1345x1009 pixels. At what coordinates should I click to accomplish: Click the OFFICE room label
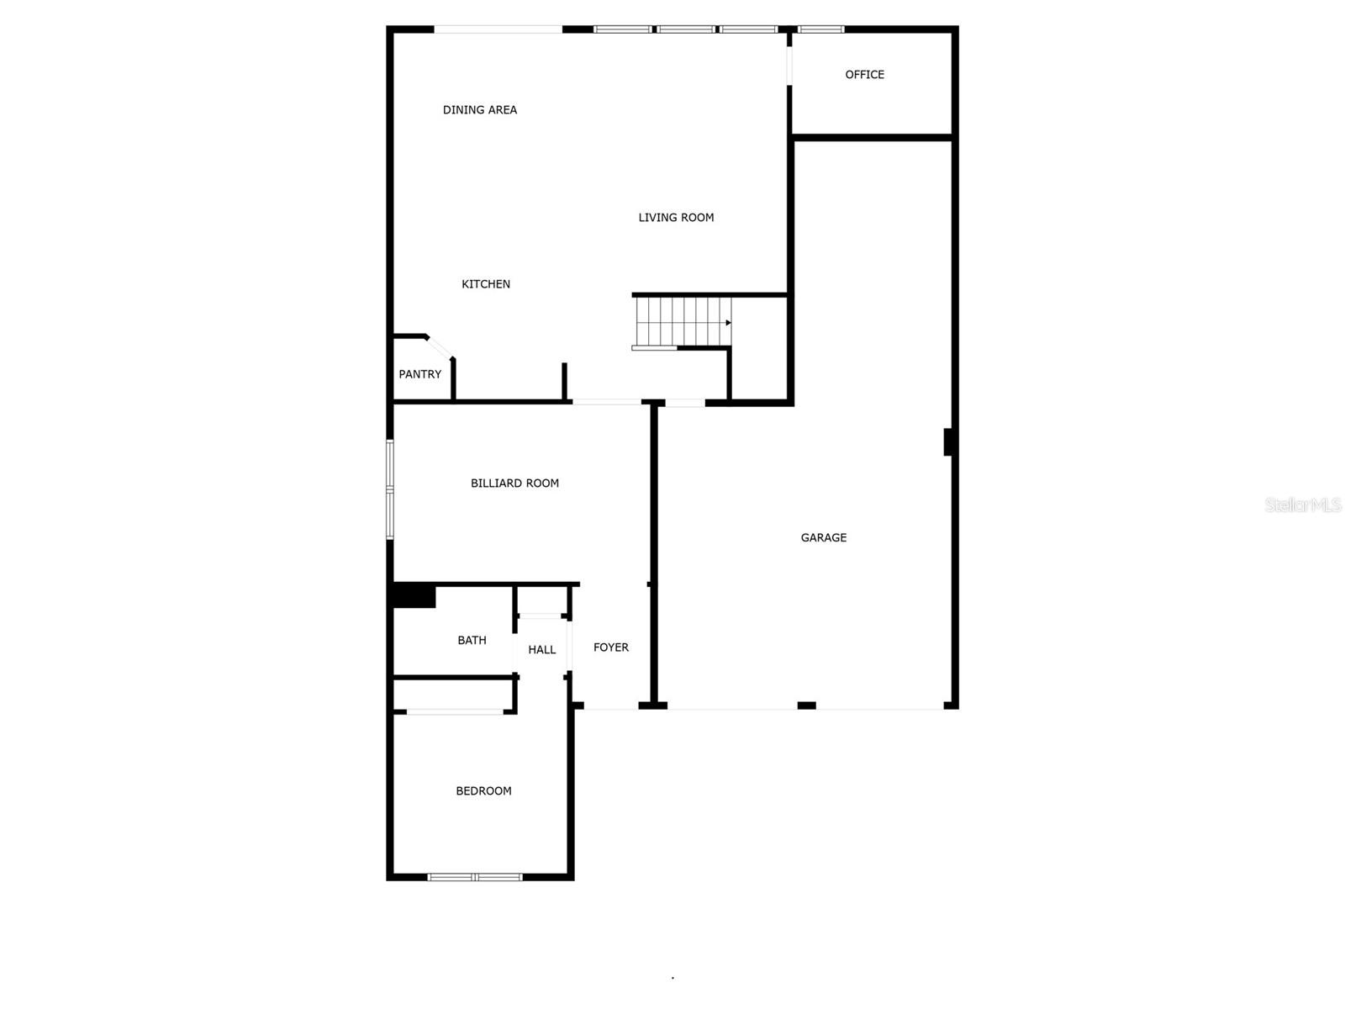(x=864, y=75)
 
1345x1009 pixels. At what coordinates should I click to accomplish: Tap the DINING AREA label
(x=479, y=110)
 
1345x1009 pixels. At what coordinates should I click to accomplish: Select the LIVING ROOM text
(x=676, y=218)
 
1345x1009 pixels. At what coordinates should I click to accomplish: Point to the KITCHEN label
(x=486, y=284)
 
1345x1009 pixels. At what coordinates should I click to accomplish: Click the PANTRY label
(x=419, y=374)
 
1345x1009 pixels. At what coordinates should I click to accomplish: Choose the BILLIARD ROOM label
(x=514, y=483)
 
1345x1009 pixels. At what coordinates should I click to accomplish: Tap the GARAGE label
(x=823, y=538)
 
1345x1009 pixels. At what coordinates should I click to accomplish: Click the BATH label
(x=472, y=641)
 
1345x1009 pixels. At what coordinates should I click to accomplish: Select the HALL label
(x=541, y=650)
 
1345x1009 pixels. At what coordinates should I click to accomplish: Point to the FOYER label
(x=610, y=647)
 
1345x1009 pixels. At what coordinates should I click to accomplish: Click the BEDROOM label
(x=483, y=791)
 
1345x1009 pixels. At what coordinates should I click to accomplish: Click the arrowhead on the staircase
(x=728, y=323)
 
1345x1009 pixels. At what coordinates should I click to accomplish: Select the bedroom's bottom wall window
(x=475, y=877)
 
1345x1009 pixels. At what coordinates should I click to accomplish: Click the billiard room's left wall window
(x=390, y=489)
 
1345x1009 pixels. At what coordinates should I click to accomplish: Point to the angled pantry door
(x=439, y=346)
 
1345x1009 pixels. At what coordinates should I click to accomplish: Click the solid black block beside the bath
(x=414, y=595)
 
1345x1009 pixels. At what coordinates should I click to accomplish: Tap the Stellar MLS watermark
(x=1302, y=505)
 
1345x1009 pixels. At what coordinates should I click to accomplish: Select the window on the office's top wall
(x=820, y=29)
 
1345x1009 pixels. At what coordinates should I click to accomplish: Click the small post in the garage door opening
(x=806, y=705)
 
